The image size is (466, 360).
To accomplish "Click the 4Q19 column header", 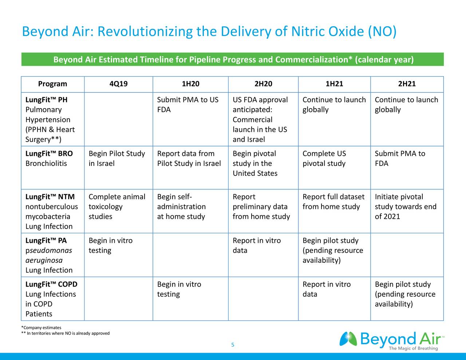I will pos(118,84).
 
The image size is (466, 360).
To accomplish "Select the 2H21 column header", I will pos(407,84).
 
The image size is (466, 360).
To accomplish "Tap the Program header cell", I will pos(52,84).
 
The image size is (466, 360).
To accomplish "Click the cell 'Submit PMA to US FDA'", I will pos(187,105).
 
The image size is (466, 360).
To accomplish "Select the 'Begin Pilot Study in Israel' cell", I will pos(116,159).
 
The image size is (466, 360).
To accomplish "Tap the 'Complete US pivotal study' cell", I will pos(324,159).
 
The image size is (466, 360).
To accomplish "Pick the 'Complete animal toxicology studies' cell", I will pos(116,207).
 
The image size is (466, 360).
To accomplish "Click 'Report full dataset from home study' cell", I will pos(333,202).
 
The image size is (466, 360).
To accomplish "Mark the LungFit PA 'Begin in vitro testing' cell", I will pos(110,246).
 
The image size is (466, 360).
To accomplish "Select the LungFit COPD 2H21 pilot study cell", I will pos(405,294).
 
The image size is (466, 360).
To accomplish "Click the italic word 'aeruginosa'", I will pos(44,260).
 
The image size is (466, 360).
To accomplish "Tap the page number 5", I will pos(233,345).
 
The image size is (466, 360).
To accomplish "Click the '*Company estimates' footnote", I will pos(41,328).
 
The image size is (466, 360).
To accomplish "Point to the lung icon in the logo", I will pos(348,339).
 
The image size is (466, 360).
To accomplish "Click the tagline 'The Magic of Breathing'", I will pos(413,348).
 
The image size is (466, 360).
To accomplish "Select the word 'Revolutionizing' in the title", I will pos(145,32).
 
